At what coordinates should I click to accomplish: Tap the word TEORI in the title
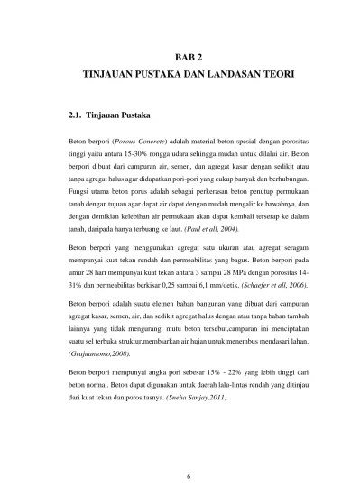[x=274, y=75]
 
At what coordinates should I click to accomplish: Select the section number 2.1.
[x=77, y=116]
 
